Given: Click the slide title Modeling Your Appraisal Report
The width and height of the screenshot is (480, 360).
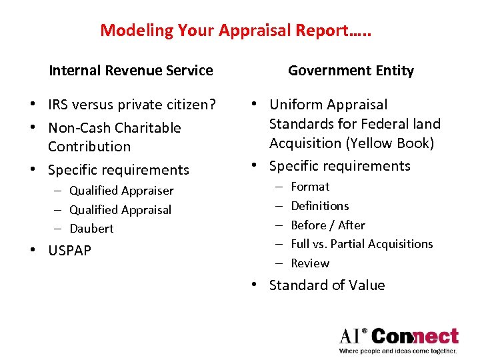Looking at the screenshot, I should [235, 30].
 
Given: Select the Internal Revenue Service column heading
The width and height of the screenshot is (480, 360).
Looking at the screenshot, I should [131, 70].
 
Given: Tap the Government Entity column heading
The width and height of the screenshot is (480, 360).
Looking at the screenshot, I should [351, 71].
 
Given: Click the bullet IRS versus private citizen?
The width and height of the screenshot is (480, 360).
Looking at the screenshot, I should [132, 105].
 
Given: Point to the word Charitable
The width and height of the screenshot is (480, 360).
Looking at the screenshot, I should [148, 128].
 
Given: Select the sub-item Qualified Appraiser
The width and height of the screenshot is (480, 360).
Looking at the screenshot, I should [121, 191].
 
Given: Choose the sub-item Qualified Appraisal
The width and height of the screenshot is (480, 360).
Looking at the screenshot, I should [120, 210].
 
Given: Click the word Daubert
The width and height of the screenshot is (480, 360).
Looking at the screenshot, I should [91, 229].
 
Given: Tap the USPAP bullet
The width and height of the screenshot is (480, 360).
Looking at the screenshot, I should [69, 251].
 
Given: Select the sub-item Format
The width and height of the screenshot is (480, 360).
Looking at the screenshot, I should [310, 187].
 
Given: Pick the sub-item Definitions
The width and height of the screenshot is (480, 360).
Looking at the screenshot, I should [320, 206].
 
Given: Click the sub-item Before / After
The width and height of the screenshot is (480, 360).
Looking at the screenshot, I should [328, 225].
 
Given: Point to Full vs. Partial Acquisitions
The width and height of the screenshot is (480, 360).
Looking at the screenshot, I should [362, 244].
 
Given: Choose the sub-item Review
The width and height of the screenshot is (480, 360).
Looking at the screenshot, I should [310, 263].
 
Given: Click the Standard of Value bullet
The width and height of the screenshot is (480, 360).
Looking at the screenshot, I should [327, 285].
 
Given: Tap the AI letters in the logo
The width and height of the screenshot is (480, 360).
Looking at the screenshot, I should [352, 335].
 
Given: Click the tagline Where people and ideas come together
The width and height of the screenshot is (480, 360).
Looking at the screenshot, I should [398, 351].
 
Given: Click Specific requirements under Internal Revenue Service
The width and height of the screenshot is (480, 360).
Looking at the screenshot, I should [119, 170].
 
